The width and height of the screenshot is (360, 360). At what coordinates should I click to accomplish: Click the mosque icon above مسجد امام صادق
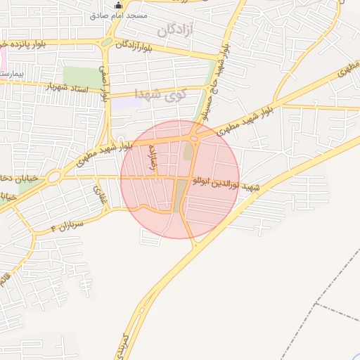(118, 5)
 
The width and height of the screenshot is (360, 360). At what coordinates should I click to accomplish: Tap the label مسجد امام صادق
(119, 15)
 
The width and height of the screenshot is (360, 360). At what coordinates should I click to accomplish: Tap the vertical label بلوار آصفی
(104, 84)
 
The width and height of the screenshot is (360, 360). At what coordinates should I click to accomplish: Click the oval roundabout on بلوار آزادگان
(106, 42)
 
